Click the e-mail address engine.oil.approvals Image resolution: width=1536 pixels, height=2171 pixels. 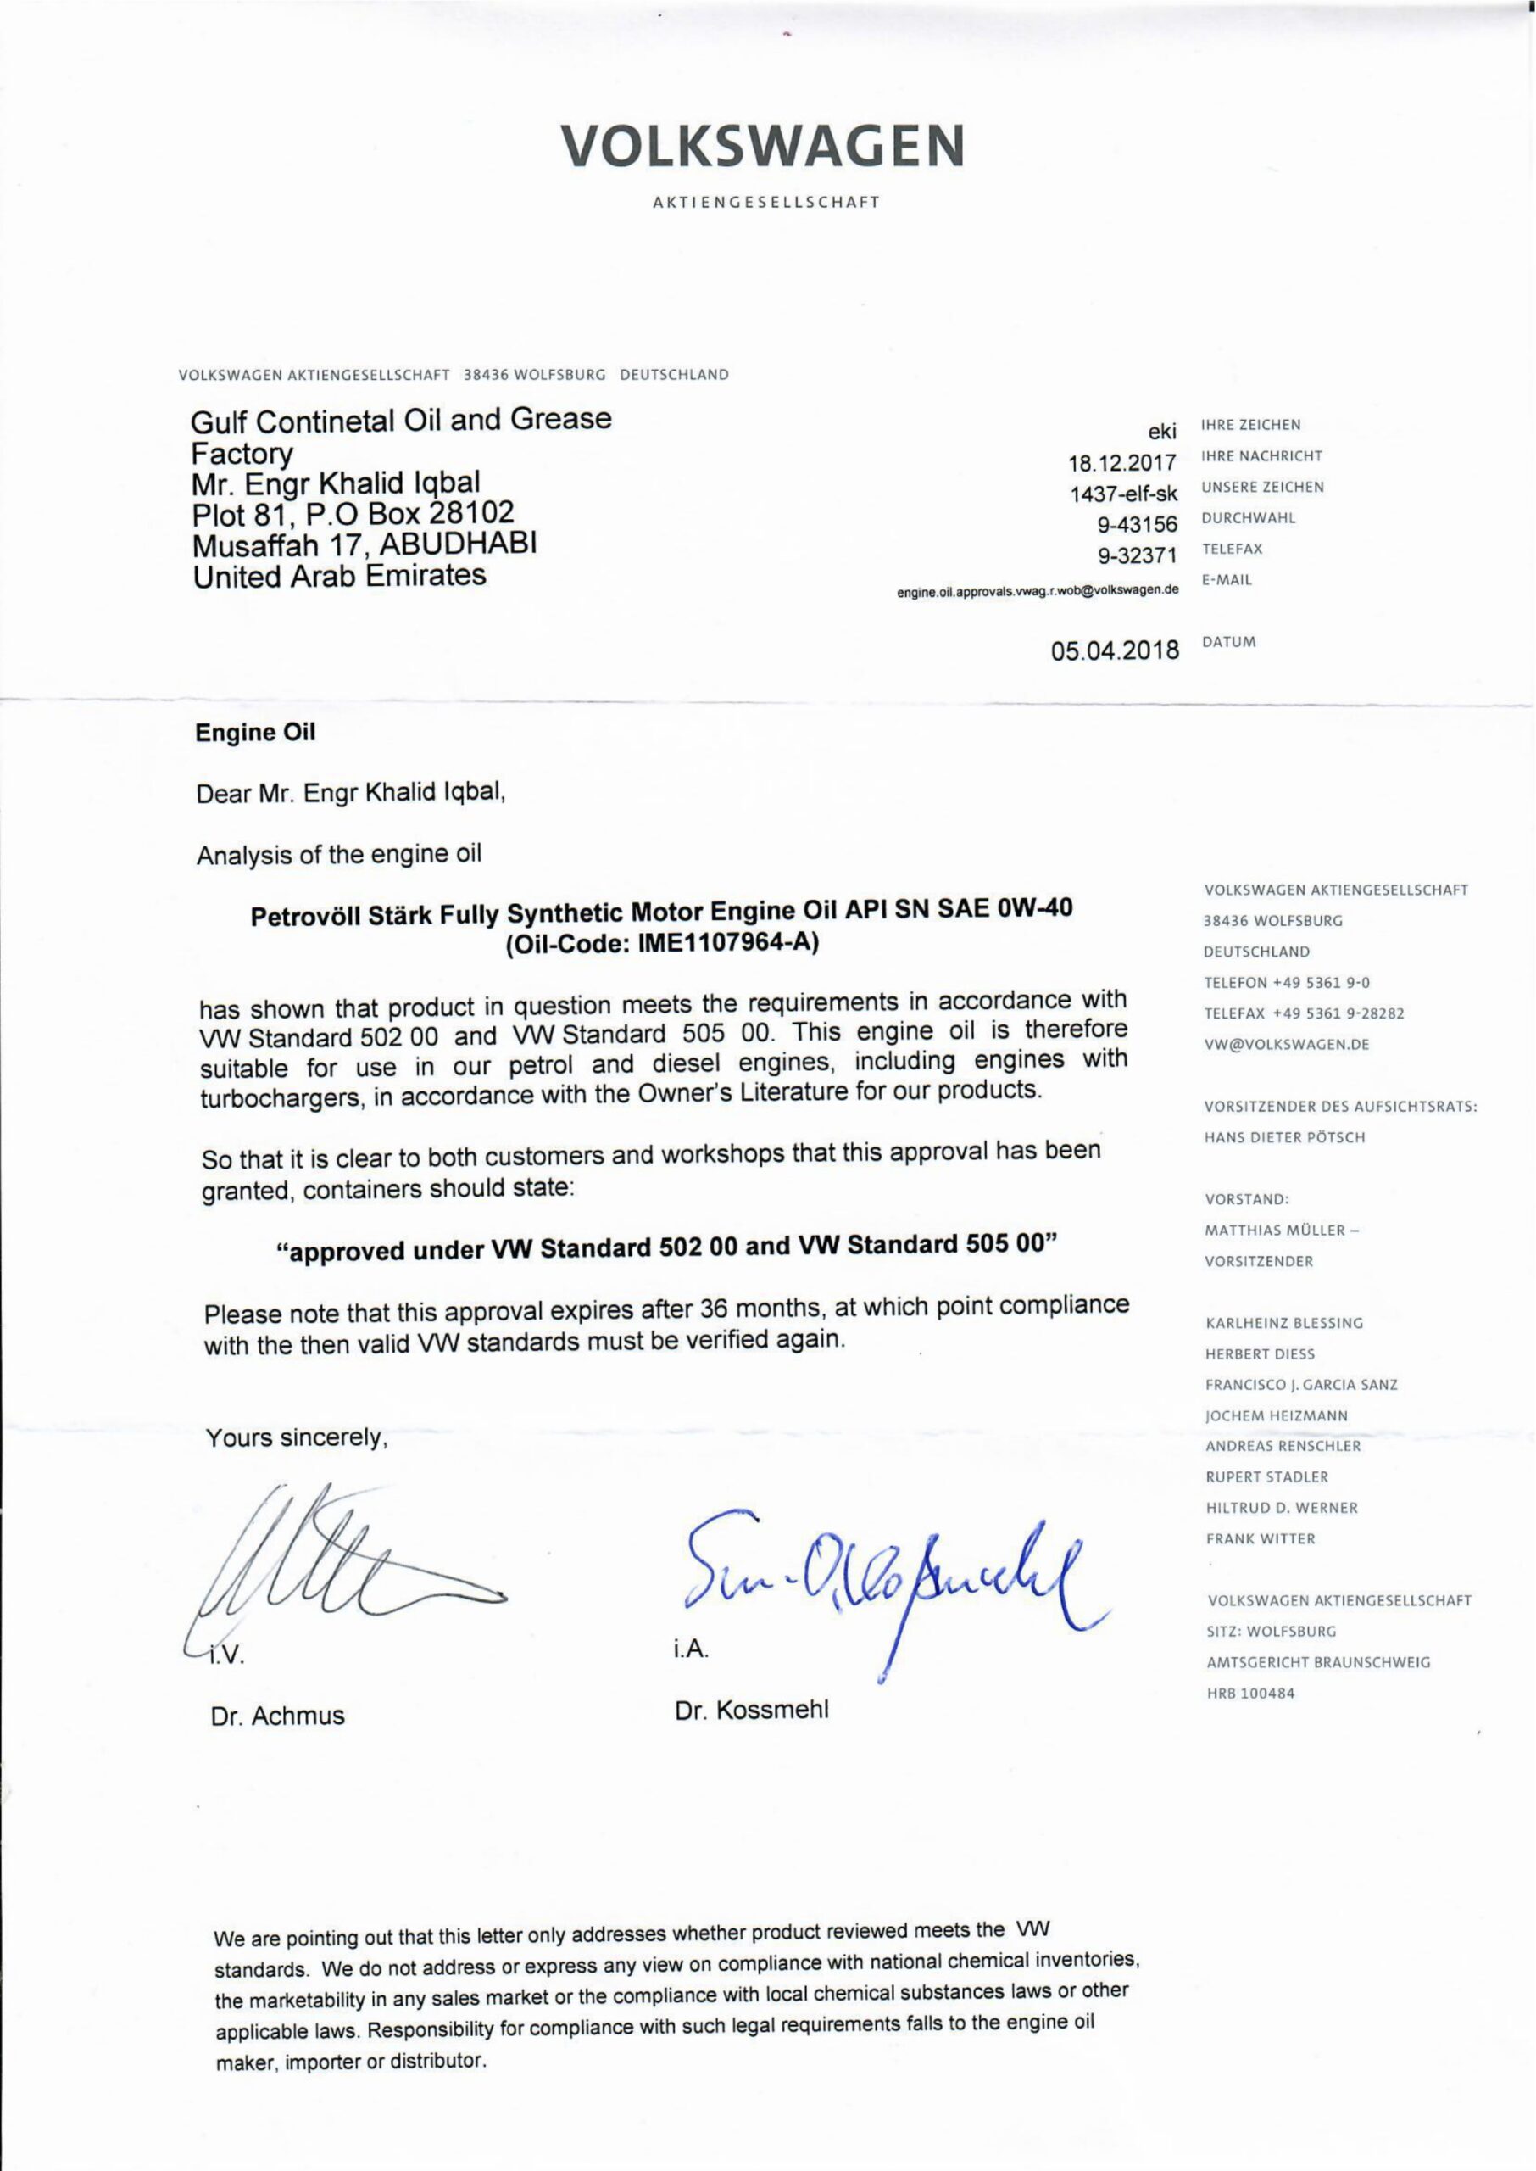click(x=1038, y=590)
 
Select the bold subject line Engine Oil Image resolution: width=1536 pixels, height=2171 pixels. click(x=255, y=732)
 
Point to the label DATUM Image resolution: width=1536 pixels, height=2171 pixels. click(x=1228, y=642)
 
